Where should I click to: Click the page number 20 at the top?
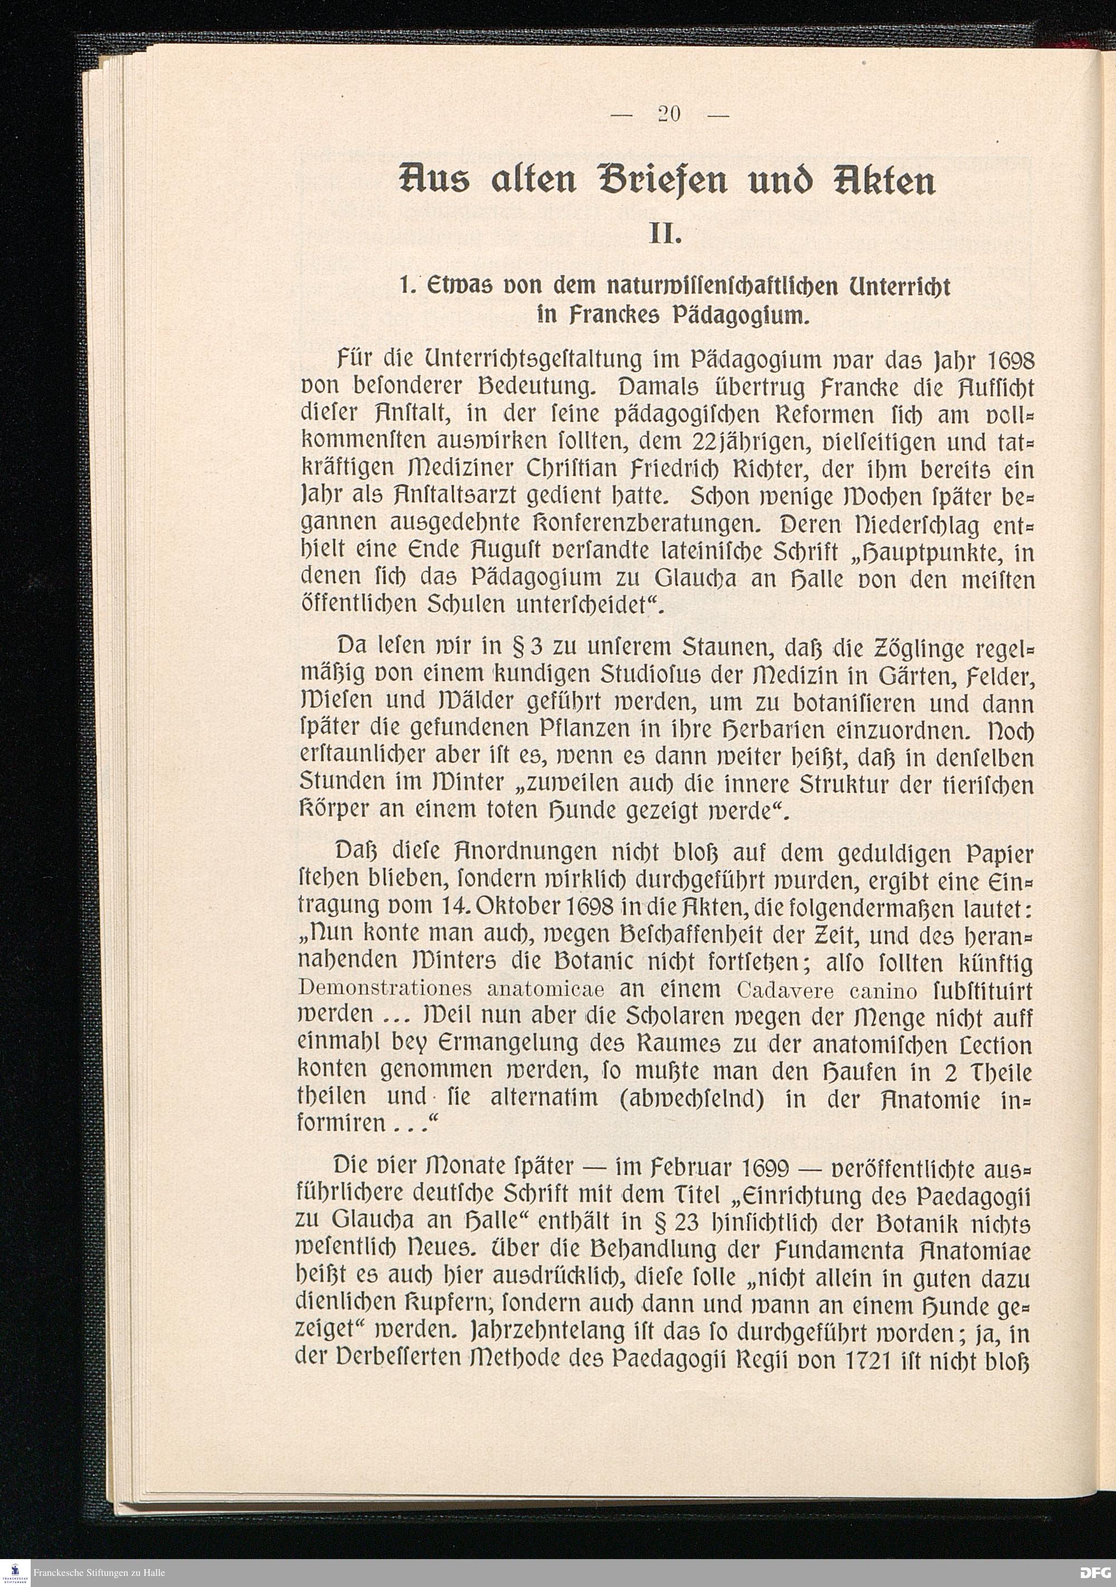[669, 114]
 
